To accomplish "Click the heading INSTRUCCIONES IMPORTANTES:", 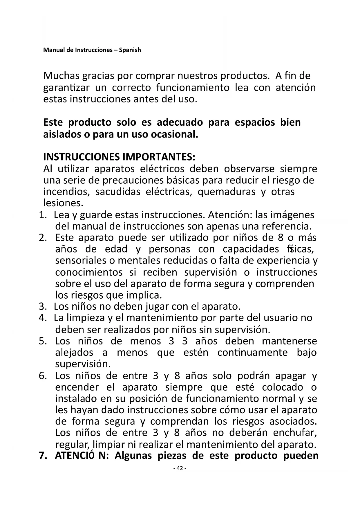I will (119, 157).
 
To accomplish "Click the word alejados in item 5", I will (74, 352).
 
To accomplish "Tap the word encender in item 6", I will (77, 387).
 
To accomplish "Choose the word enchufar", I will (295, 432).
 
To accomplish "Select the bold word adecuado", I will (180, 122).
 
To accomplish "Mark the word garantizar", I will (66, 88).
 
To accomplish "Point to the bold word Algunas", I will (133, 455).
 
